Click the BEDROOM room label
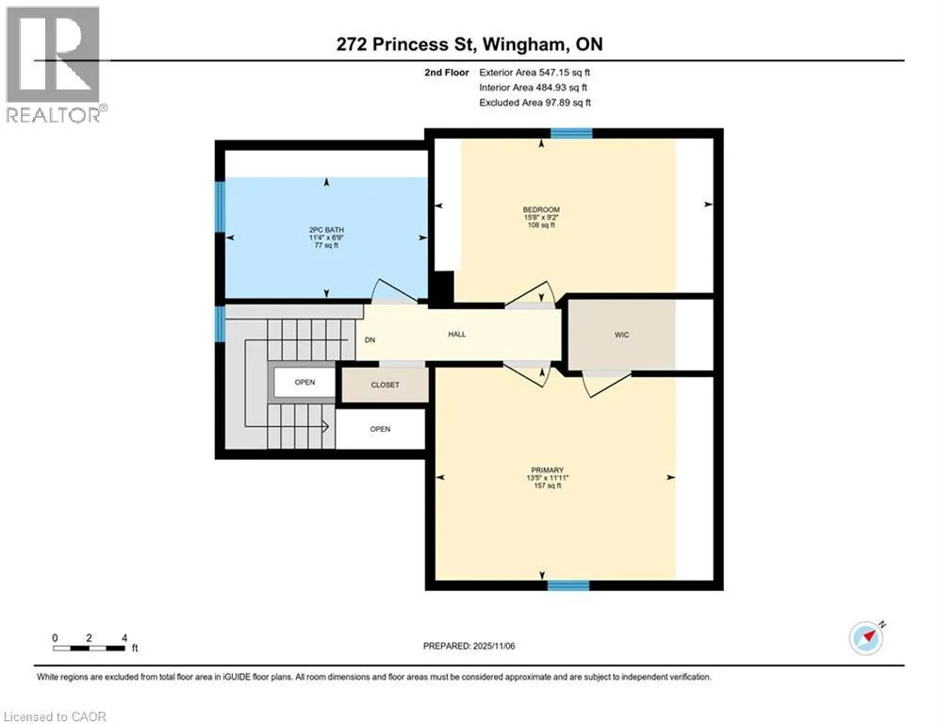click(541, 209)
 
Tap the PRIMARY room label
click(548, 470)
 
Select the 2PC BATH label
click(326, 230)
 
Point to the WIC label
click(621, 335)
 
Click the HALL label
click(457, 335)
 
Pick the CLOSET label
click(386, 385)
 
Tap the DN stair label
click(370, 340)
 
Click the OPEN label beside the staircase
click(304, 383)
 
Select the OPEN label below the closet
click(380, 429)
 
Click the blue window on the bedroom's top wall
click(571, 134)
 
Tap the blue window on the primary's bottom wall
click(568, 585)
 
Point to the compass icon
click(866, 638)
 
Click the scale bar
click(90, 648)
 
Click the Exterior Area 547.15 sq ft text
click(535, 73)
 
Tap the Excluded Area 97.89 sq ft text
click(535, 103)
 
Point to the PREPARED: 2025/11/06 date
click(469, 646)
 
